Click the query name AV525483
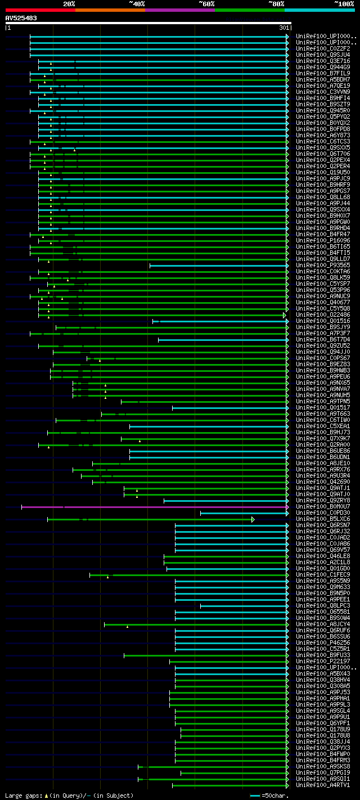click(x=21, y=18)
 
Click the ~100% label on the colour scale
click(x=344, y=3)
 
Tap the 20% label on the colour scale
click(x=69, y=3)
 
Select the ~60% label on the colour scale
click(x=206, y=3)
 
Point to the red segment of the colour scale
click(x=40, y=10)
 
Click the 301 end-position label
click(x=283, y=28)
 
